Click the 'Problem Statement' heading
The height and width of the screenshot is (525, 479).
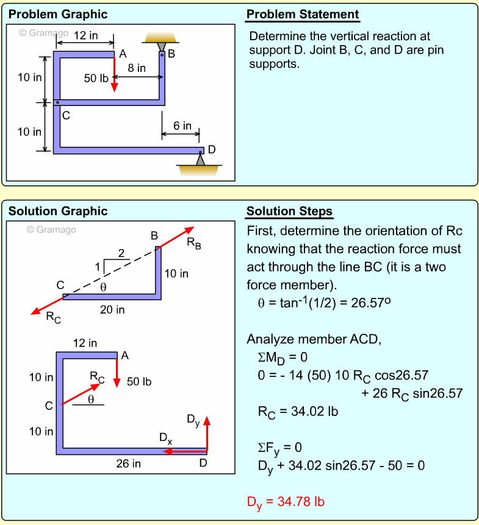tap(303, 15)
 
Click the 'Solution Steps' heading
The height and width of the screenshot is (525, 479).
tap(289, 211)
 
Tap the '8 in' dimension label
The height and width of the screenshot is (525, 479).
tap(136, 68)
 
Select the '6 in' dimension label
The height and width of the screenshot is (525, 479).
tap(182, 126)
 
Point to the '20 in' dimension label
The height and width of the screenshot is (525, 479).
tap(112, 309)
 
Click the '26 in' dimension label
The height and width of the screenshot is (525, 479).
tap(128, 463)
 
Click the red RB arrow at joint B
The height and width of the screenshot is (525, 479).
tap(177, 237)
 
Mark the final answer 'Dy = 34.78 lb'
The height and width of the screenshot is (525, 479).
tap(286, 502)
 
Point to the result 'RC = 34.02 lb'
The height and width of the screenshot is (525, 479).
tap(298, 412)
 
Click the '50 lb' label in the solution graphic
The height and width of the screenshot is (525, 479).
tap(139, 382)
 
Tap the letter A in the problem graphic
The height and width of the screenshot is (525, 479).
tap(123, 54)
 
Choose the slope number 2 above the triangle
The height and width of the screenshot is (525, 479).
tap(121, 253)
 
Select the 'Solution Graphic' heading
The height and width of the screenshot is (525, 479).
tap(58, 211)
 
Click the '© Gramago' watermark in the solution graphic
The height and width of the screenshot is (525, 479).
tap(51, 230)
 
